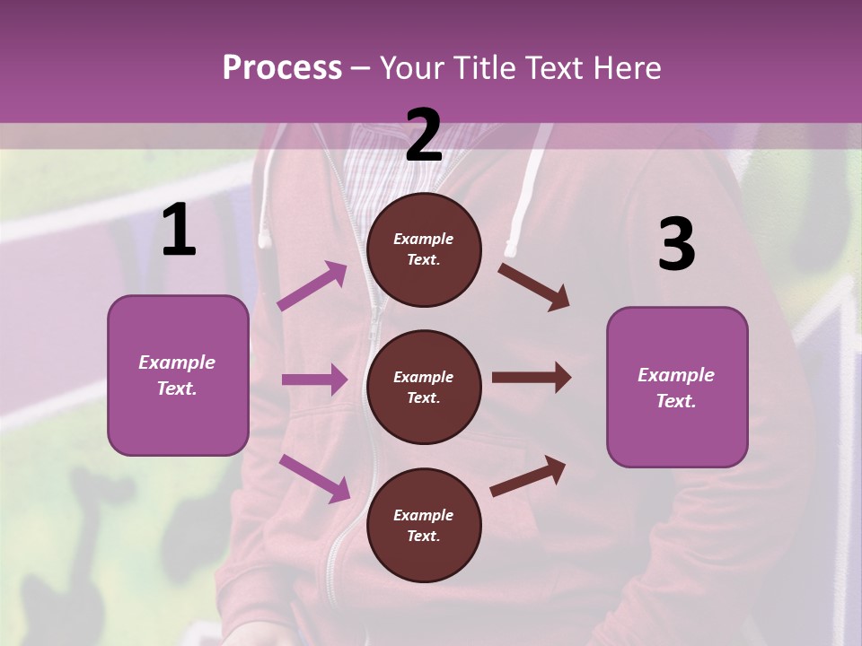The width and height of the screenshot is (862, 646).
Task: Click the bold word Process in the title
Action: (282, 68)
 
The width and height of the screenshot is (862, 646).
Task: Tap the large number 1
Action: (179, 231)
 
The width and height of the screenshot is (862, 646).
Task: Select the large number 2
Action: (424, 135)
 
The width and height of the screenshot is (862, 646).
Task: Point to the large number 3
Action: (676, 246)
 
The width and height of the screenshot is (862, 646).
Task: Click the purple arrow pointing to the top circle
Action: (312, 286)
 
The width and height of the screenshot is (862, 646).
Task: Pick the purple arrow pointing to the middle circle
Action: (314, 380)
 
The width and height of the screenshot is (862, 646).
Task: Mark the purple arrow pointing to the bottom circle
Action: (315, 477)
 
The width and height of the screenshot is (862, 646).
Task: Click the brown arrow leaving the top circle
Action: (534, 286)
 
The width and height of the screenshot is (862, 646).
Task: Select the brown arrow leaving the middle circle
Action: (531, 377)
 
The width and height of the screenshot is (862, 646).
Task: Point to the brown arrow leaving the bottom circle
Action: (528, 476)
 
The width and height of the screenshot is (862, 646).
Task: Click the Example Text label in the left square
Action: (177, 375)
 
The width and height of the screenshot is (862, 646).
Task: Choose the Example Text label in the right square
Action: (676, 388)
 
